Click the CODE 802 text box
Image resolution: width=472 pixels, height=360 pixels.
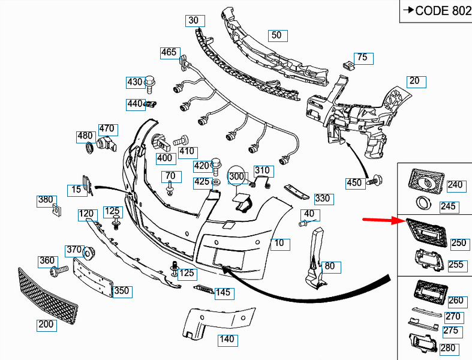(437, 11)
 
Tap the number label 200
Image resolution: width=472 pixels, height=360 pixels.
(46, 325)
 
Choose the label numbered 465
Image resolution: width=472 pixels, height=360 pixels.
(169, 53)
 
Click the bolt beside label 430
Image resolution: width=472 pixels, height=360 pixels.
(151, 80)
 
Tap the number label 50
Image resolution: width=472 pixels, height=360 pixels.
(276, 35)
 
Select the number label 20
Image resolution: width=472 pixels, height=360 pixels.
(415, 81)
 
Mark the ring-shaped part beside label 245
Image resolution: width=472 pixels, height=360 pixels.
(423, 202)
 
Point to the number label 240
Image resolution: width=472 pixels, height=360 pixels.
(455, 185)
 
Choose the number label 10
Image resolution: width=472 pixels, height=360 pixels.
(279, 244)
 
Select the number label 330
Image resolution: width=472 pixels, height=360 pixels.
(322, 199)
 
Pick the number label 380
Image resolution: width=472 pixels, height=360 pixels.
(46, 200)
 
